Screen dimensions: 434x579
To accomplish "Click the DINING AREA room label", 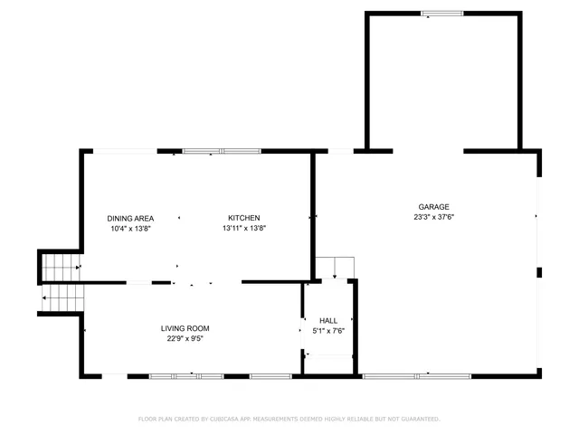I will point(130,218).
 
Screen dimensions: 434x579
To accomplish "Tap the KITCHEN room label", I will point(243,218).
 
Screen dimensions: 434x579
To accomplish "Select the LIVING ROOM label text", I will point(185,328).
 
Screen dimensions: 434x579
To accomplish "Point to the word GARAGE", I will point(433,206).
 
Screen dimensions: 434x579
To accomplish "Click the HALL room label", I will point(327,320).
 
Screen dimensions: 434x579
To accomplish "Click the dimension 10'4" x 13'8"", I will point(130,229).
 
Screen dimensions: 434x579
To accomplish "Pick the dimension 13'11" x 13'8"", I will point(243,229).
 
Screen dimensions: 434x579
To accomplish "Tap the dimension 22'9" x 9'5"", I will point(185,339).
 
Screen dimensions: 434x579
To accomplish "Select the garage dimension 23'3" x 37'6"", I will point(433,217).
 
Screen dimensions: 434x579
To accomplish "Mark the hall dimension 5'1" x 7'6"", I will point(327,331).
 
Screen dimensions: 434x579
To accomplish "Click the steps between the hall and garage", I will point(334,268).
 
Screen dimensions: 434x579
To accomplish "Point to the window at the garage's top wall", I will point(442,13).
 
